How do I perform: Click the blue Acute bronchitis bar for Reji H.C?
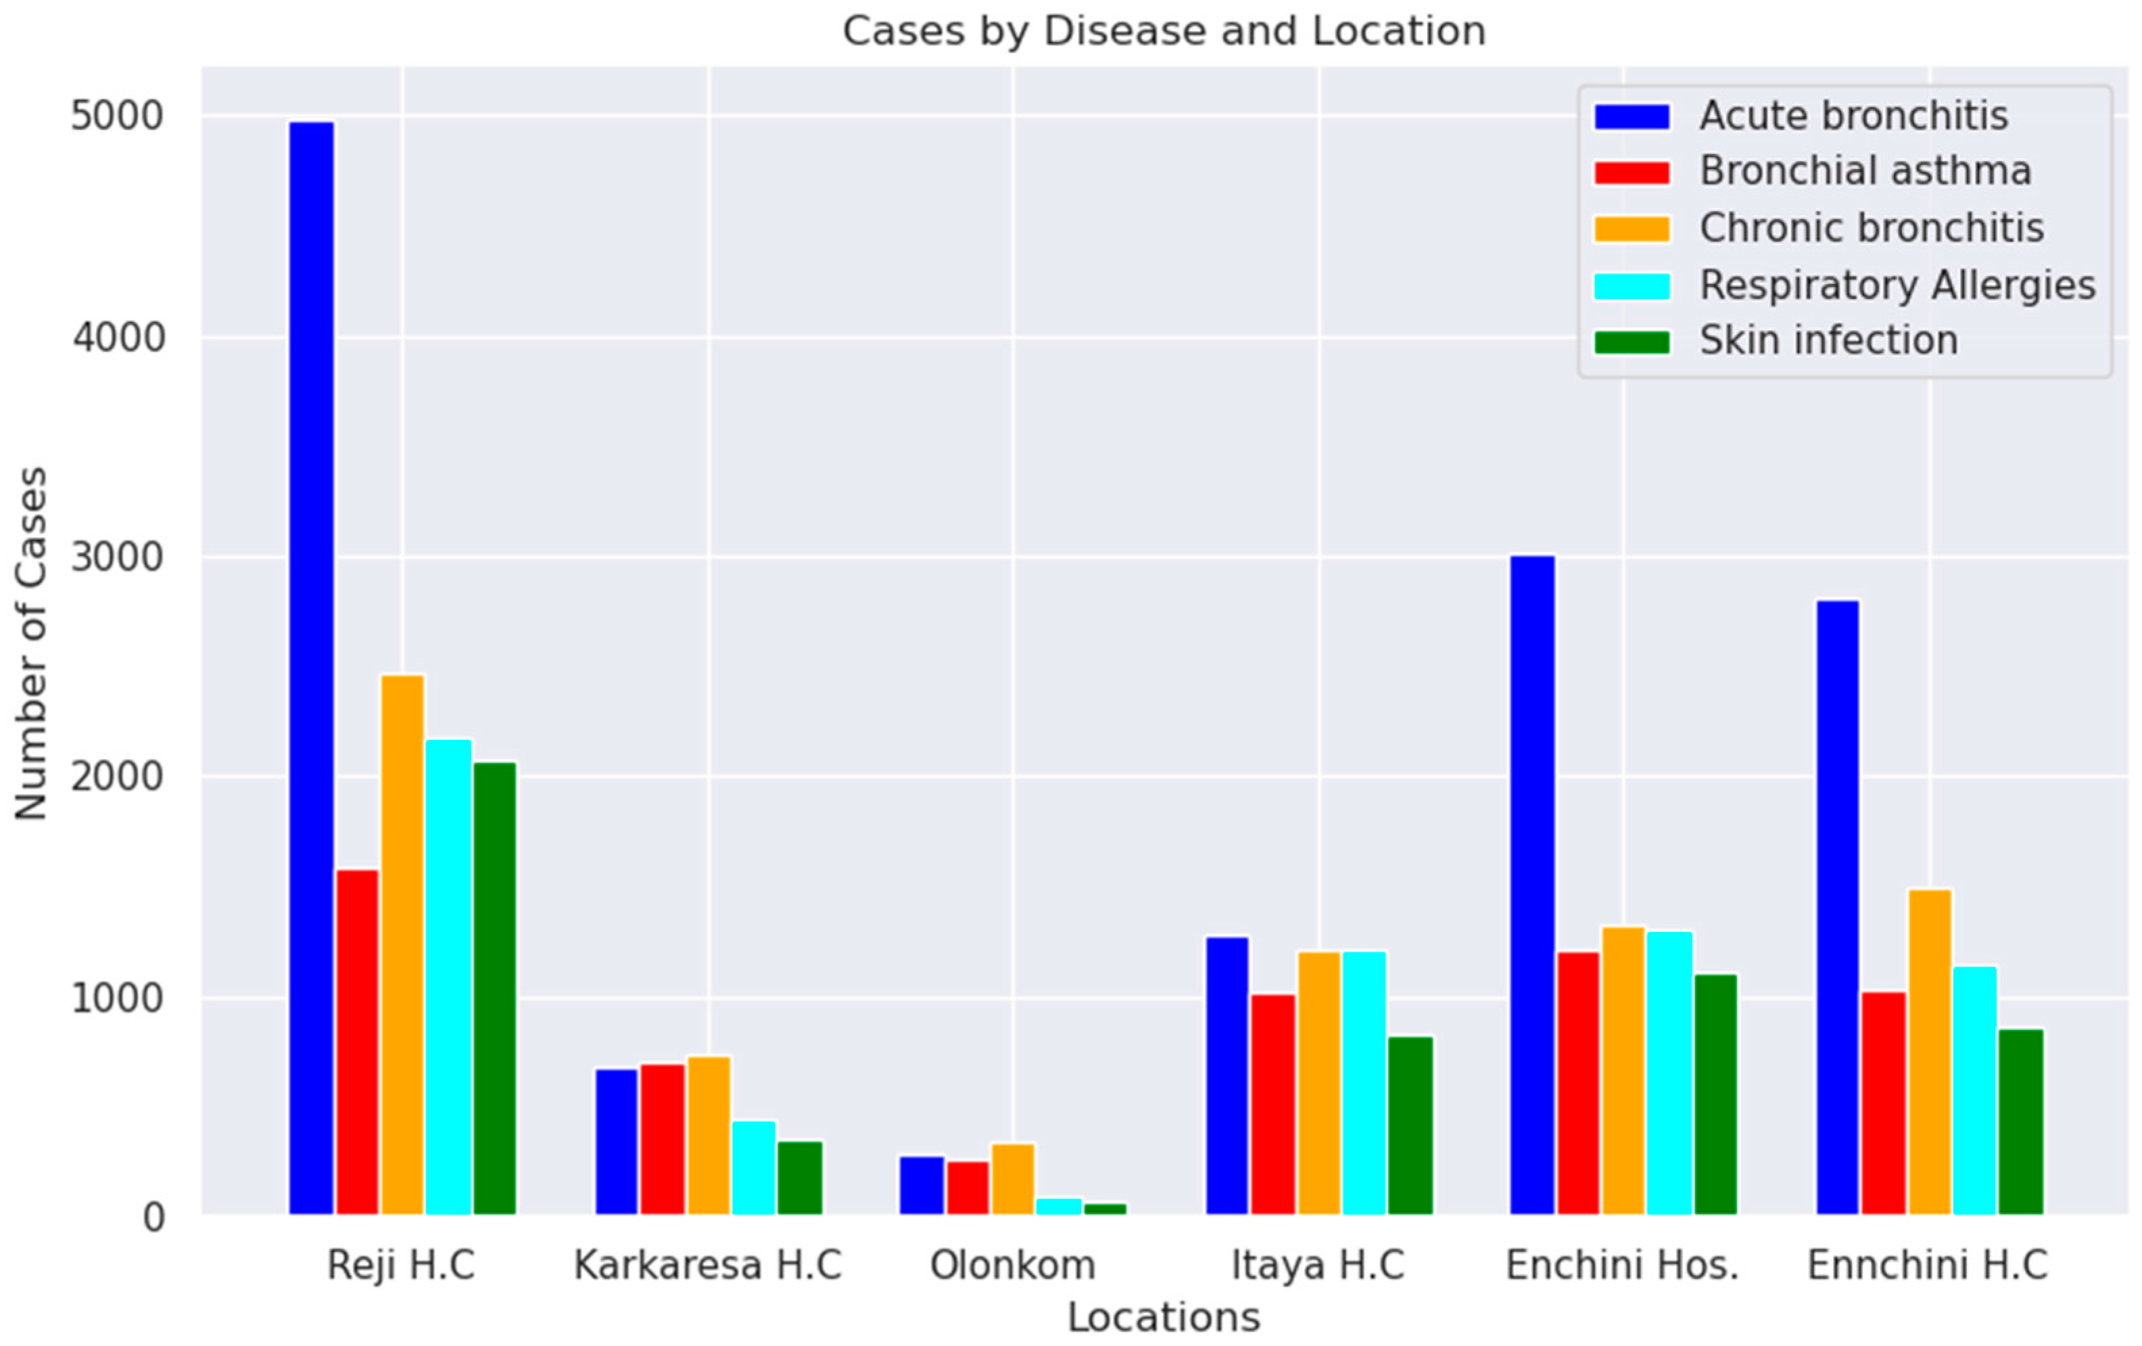pyautogui.click(x=311, y=667)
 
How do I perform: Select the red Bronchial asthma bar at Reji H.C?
pyautogui.click(x=358, y=1041)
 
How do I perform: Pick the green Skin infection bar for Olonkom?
pyautogui.click(x=1105, y=1208)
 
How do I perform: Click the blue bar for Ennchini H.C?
pyautogui.click(x=1837, y=908)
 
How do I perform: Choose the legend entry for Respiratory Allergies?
pyautogui.click(x=1897, y=285)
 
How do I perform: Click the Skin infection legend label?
pyautogui.click(x=1828, y=342)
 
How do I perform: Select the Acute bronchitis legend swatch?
pyautogui.click(x=1632, y=116)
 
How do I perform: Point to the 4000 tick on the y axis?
pyautogui.click(x=118, y=338)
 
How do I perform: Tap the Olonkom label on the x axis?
pyautogui.click(x=1012, y=1265)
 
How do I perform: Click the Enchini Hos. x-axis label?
pyautogui.click(x=1621, y=1265)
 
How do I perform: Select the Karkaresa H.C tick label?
pyautogui.click(x=707, y=1265)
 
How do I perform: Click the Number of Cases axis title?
pyautogui.click(x=32, y=643)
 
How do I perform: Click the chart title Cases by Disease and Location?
pyautogui.click(x=1164, y=31)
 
